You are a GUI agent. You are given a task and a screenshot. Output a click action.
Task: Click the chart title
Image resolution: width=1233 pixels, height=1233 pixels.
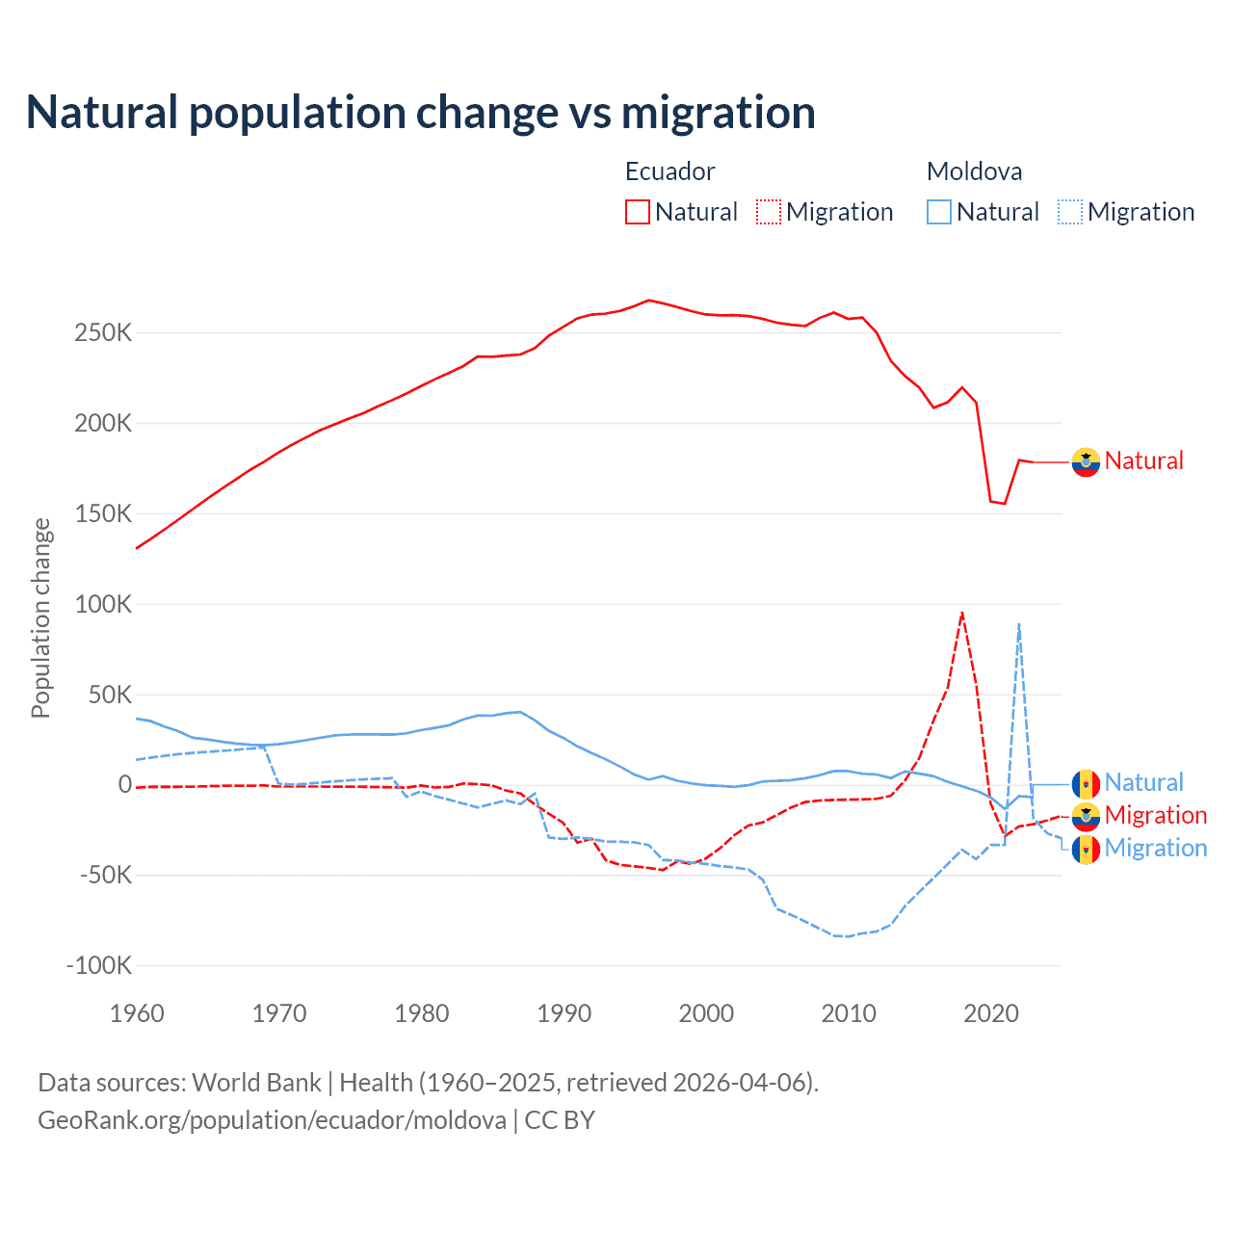(421, 113)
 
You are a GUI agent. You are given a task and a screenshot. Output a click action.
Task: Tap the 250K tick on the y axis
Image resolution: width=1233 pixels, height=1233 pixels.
(103, 333)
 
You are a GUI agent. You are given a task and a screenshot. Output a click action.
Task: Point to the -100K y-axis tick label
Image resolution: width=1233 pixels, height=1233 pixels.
(98, 965)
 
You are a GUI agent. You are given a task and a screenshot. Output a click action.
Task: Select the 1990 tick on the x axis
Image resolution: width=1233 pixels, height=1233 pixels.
(564, 1013)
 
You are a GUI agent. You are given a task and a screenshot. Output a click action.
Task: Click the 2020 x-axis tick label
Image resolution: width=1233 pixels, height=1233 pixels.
(991, 1013)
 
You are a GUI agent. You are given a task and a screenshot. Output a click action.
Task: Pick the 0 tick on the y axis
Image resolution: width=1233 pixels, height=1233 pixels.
(124, 785)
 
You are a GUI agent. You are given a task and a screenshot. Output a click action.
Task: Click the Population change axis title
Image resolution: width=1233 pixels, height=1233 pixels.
(40, 618)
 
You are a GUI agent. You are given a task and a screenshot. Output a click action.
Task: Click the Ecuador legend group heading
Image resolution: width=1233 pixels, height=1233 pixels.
(669, 171)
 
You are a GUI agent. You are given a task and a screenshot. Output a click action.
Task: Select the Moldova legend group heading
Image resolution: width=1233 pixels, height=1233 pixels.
(974, 171)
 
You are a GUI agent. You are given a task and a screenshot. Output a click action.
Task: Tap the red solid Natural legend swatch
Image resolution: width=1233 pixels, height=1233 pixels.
(638, 212)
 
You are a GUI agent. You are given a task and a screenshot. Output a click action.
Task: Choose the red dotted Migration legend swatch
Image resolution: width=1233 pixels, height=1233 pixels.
(769, 212)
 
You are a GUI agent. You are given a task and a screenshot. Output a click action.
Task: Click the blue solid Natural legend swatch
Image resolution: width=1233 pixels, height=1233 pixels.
(939, 212)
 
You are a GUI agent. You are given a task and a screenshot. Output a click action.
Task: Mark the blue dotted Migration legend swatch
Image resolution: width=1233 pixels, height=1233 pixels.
(1070, 212)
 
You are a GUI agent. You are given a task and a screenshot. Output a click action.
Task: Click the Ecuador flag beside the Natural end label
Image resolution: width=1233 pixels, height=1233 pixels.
(1086, 462)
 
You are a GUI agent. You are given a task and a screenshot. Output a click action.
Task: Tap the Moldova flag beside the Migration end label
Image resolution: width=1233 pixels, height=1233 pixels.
(1086, 850)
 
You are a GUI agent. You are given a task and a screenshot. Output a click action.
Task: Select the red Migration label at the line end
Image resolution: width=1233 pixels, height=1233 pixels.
(1155, 815)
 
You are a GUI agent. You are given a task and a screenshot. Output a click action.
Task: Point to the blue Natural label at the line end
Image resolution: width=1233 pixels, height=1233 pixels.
(1143, 782)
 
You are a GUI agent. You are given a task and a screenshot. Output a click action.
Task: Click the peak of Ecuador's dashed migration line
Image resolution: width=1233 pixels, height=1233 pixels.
(962, 613)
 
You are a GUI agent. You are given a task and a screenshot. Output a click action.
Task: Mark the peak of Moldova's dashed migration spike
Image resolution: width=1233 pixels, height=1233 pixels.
(1019, 624)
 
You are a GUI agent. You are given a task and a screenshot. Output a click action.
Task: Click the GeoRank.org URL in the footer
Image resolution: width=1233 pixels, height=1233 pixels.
(272, 1120)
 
